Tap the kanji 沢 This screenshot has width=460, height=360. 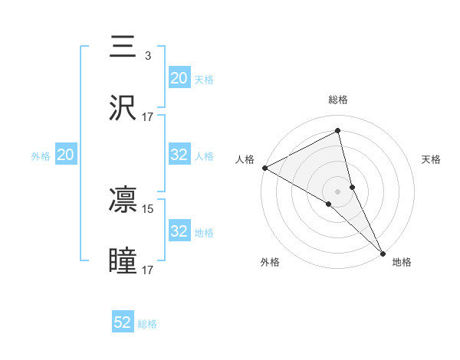(123, 108)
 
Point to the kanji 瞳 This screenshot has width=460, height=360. (123, 261)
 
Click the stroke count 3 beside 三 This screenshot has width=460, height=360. (147, 56)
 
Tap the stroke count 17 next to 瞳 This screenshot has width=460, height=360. (149, 270)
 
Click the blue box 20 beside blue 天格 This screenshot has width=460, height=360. (179, 78)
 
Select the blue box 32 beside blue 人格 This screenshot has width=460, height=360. (179, 155)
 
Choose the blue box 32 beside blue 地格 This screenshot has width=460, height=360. (179, 231)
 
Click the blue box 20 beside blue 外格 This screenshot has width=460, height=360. (66, 155)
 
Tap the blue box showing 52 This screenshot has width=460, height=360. (123, 322)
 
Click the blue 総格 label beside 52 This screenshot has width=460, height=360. (147, 324)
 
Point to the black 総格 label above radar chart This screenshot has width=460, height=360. (338, 100)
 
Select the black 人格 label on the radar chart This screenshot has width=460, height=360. (245, 159)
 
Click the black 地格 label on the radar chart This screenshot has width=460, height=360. (402, 262)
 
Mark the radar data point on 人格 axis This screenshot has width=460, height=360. (264, 168)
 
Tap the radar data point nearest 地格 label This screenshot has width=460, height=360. (383, 252)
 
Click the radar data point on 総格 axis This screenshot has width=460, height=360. (338, 132)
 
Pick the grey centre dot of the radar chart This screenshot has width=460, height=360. (338, 191)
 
